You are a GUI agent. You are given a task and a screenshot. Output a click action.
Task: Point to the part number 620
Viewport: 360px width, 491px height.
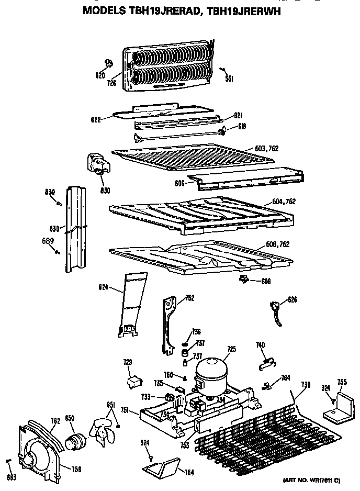tap(100, 75)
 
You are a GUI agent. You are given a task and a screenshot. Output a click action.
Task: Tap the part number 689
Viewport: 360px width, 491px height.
tap(47, 241)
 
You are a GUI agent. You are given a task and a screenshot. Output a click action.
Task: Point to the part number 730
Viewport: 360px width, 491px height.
tap(306, 385)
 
